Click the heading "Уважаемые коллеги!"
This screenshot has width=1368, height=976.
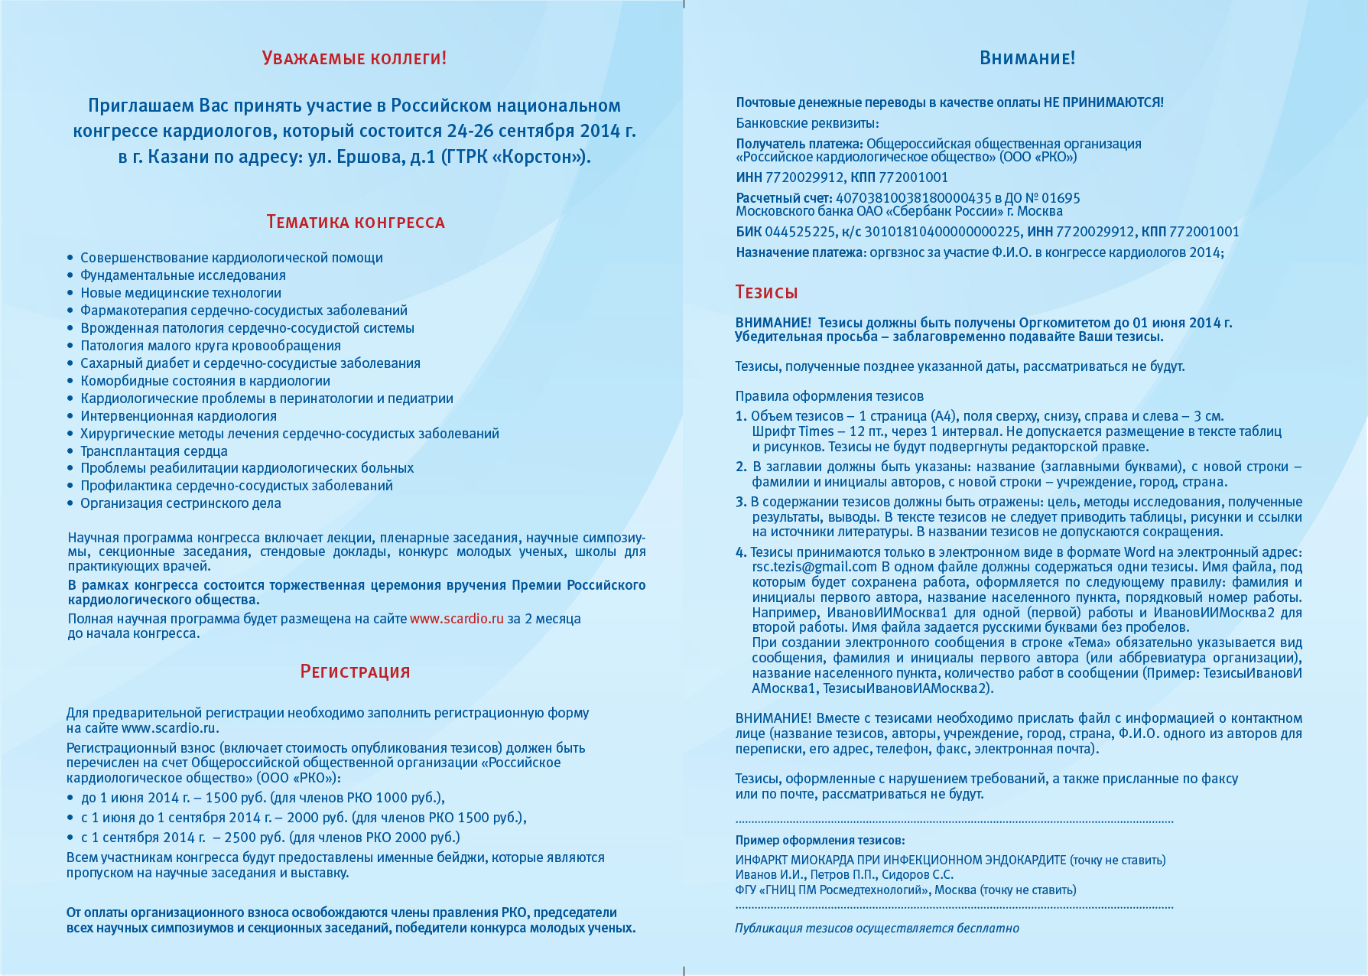(x=354, y=58)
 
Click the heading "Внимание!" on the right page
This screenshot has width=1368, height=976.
(x=1027, y=58)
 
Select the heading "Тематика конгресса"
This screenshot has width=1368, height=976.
(x=355, y=223)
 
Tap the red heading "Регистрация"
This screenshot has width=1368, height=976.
(x=355, y=672)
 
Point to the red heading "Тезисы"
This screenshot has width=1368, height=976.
(x=766, y=292)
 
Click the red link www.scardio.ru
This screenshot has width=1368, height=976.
(x=457, y=619)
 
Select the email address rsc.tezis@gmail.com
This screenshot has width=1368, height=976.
(x=814, y=567)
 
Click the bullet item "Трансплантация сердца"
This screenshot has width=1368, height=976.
(x=154, y=451)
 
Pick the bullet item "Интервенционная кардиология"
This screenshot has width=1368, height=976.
(x=178, y=416)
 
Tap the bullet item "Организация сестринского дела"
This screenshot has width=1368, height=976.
(x=180, y=503)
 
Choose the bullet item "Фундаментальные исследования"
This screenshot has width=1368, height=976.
(x=183, y=275)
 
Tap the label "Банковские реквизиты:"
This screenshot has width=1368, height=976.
(x=807, y=123)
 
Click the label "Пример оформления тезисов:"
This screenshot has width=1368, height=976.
(x=820, y=840)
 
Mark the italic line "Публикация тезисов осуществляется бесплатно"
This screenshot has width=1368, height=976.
(x=876, y=929)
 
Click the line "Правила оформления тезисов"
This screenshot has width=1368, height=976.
(x=829, y=396)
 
